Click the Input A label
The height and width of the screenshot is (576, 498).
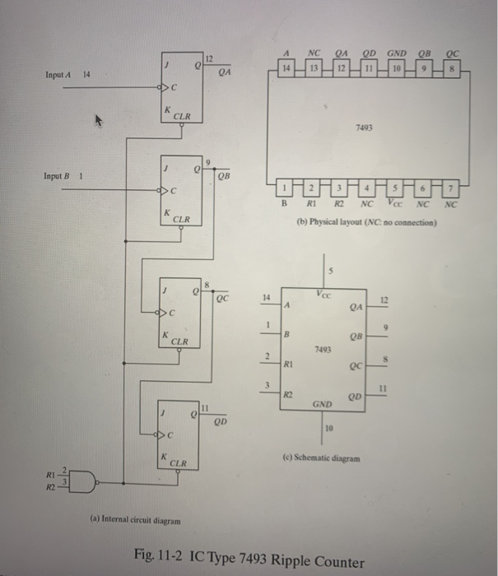60,75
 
